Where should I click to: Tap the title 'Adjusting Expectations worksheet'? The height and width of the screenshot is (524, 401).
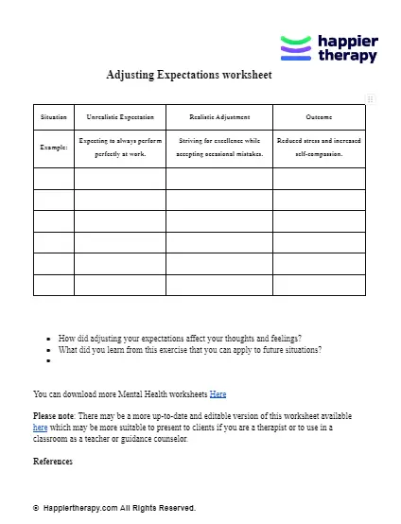pyautogui.click(x=189, y=75)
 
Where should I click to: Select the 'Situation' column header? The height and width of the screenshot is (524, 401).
pyautogui.click(x=54, y=116)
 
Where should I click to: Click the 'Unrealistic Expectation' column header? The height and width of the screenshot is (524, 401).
pyautogui.click(x=120, y=116)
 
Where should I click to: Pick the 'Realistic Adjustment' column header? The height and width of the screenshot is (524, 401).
pyautogui.click(x=219, y=116)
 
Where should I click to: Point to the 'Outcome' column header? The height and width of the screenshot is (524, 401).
pyautogui.click(x=319, y=116)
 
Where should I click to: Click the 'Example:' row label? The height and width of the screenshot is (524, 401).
pyautogui.click(x=54, y=148)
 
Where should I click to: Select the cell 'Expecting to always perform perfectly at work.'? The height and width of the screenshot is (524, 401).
pyautogui.click(x=120, y=147)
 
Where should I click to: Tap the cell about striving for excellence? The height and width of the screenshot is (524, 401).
pyautogui.click(x=219, y=147)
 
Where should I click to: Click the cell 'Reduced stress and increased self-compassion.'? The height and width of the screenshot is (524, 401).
pyautogui.click(x=319, y=147)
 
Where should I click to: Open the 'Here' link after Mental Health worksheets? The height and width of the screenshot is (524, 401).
pyautogui.click(x=218, y=393)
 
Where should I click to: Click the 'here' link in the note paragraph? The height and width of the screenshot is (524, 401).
pyautogui.click(x=41, y=428)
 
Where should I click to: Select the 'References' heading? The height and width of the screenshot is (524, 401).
pyautogui.click(x=53, y=462)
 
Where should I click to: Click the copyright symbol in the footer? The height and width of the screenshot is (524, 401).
pyautogui.click(x=36, y=508)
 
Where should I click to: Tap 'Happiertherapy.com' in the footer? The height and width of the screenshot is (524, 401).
pyautogui.click(x=79, y=508)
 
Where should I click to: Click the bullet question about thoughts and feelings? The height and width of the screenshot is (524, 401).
pyautogui.click(x=180, y=338)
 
